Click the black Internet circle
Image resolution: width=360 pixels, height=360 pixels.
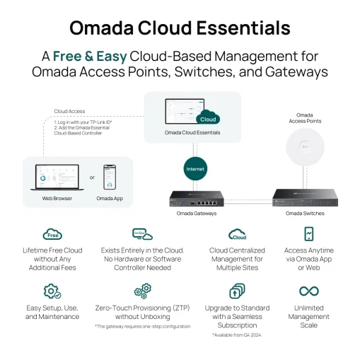click(x=194, y=169)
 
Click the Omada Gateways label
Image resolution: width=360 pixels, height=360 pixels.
click(x=196, y=213)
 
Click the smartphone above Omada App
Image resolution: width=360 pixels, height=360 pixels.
click(x=110, y=177)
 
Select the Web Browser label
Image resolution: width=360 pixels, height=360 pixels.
click(x=57, y=199)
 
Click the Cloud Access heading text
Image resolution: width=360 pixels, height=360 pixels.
click(x=69, y=111)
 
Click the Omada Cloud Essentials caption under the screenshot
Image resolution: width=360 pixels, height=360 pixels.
click(x=192, y=132)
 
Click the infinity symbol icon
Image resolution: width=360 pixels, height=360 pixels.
click(x=308, y=291)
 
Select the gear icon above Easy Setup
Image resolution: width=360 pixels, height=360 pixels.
click(x=52, y=291)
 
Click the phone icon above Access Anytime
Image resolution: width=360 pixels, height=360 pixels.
click(x=309, y=234)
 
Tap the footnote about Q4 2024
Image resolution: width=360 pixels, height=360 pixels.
click(x=237, y=335)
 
